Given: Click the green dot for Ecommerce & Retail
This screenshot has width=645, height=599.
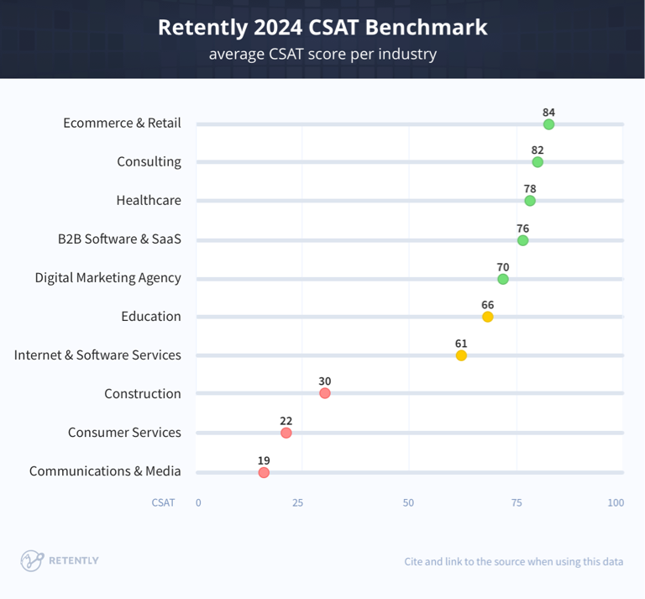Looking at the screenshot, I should click(548, 124).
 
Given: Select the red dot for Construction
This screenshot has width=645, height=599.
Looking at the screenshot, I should click(325, 393).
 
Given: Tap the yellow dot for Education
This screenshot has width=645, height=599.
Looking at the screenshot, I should click(487, 317).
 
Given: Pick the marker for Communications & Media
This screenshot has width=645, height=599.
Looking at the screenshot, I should click(264, 473).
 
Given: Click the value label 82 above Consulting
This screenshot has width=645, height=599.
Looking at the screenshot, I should click(537, 150).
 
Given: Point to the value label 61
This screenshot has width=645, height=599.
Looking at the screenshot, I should click(461, 343).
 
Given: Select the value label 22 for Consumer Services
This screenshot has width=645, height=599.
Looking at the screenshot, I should click(286, 420).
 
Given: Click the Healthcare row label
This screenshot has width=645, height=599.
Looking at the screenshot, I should click(149, 200).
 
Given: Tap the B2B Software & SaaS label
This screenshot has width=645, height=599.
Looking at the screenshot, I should click(119, 239).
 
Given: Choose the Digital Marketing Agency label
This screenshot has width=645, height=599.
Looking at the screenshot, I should click(107, 277).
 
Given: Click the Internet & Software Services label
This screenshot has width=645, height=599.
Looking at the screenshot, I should click(97, 355).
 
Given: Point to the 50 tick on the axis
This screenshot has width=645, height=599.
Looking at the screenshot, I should click(408, 502).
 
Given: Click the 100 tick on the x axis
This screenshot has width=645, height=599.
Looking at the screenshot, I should click(616, 502).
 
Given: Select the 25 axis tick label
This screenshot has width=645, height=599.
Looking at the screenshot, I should click(297, 502).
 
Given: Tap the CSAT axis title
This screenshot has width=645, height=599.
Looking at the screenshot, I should click(163, 502).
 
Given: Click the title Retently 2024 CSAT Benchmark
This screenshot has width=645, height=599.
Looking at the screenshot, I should click(322, 27).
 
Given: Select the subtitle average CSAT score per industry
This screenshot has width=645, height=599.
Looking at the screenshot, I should click(322, 55).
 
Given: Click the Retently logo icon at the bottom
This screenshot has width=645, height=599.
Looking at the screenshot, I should click(32, 560).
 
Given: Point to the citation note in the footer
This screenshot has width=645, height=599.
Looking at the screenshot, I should click(513, 561).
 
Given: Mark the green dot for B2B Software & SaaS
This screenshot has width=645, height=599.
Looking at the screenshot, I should click(522, 240).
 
